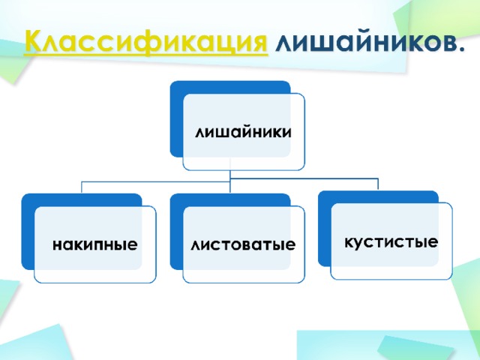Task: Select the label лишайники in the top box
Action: point(243,132)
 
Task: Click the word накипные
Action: point(95,245)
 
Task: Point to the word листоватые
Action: point(243,245)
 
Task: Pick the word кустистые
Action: point(391,242)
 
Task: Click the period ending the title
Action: point(459,48)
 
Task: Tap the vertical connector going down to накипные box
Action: point(82,187)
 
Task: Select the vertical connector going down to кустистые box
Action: point(378,184)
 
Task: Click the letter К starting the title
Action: point(33,41)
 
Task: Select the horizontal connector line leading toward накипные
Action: point(156,181)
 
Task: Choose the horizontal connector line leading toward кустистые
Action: point(304,178)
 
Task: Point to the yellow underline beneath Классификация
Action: point(146,55)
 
